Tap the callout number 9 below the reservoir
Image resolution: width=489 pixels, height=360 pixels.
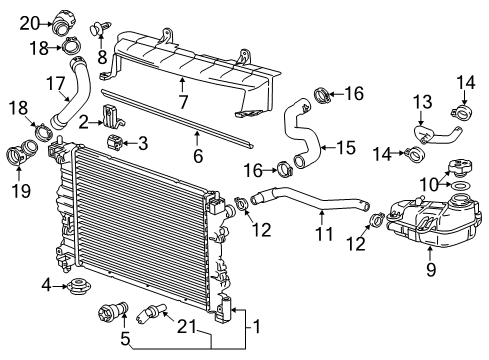pos(430,268)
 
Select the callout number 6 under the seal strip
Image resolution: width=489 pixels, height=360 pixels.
pos(198,157)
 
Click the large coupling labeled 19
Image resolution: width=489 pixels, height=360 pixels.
pos(19,157)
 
